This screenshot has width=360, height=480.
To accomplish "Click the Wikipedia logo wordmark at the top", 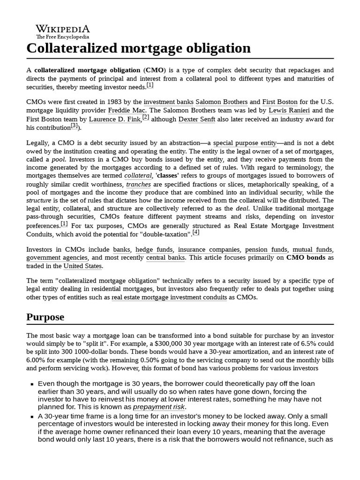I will [63, 29].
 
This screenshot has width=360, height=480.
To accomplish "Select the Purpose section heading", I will [45, 317].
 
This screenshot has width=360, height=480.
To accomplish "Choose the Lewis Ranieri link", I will [289, 111].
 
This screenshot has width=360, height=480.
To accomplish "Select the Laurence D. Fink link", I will [114, 120].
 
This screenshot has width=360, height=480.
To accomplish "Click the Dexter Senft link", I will [196, 120].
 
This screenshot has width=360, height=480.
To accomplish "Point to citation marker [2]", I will [145, 117].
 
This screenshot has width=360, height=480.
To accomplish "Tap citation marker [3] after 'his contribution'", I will [74, 126].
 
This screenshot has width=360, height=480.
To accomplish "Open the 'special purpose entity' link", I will [245, 143].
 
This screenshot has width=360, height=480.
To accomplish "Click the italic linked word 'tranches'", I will [138, 184].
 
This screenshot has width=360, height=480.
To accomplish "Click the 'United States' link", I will [82, 266].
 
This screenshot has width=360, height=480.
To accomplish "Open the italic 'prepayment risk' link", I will [159, 407].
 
